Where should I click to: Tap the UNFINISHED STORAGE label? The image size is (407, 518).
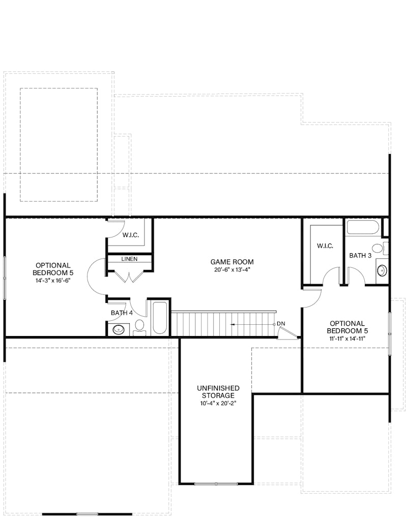tap(218, 391)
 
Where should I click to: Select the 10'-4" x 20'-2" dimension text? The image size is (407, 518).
tap(218, 403)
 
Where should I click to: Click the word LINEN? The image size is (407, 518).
tap(129, 259)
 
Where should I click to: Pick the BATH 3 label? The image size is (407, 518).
tap(360, 255)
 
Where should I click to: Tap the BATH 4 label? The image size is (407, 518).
tap(122, 313)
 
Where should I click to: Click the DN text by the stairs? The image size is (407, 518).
tap(281, 324)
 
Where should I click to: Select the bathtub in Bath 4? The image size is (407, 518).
tap(160, 318)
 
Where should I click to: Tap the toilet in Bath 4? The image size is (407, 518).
tap(139, 327)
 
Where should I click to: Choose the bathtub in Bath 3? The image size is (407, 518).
tap(363, 227)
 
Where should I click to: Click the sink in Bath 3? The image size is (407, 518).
tap(382, 270)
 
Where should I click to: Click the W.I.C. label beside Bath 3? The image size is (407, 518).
tap(325, 246)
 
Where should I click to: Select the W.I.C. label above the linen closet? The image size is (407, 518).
tap(130, 235)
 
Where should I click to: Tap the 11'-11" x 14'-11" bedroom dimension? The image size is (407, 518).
tap(347, 338)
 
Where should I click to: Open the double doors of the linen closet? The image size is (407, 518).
tap(129, 275)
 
